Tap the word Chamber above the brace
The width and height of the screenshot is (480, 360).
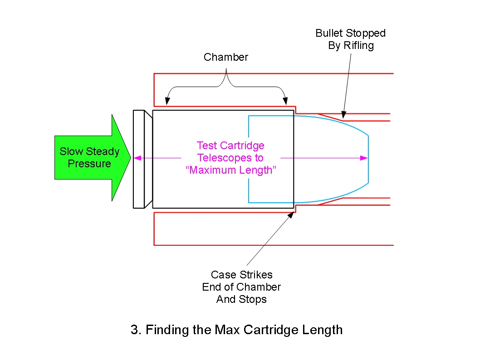pyautogui.click(x=226, y=57)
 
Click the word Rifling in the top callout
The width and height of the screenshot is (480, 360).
pyautogui.click(x=358, y=45)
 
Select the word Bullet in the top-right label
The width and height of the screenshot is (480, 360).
pyautogui.click(x=330, y=33)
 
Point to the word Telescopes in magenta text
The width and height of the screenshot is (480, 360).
pyautogui.click(x=230, y=158)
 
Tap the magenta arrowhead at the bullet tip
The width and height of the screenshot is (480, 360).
pyautogui.click(x=364, y=158)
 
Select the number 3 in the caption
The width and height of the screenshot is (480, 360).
pyautogui.click(x=134, y=330)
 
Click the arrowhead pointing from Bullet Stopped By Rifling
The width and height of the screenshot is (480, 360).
pyautogui.click(x=343, y=115)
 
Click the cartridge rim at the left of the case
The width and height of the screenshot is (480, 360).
pyautogui.click(x=138, y=159)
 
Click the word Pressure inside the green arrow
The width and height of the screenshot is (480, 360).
pyautogui.click(x=89, y=164)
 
